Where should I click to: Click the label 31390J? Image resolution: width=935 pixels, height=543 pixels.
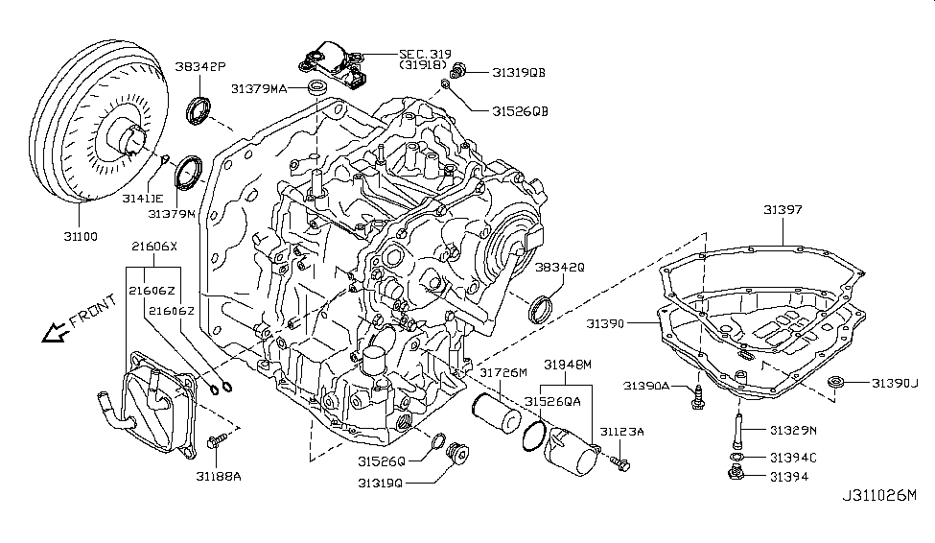click(895, 384)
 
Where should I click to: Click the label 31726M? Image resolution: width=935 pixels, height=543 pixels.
click(503, 372)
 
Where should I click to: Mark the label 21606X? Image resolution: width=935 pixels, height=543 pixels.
click(154, 247)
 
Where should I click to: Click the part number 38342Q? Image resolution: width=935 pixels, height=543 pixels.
click(560, 268)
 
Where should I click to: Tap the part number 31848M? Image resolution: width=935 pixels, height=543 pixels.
click(569, 365)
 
